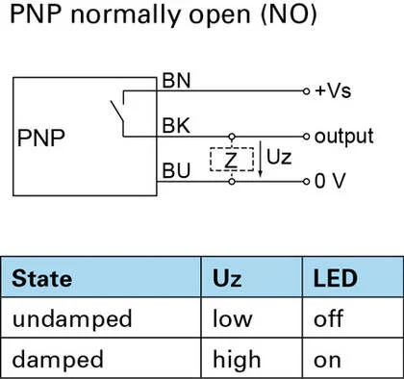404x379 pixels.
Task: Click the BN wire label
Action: click(176, 81)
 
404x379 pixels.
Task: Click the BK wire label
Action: click(176, 125)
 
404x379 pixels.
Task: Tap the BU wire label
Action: click(176, 170)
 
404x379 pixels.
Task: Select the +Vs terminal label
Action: click(333, 90)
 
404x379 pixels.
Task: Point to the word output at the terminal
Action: click(344, 137)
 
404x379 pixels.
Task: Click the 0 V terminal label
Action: click(330, 181)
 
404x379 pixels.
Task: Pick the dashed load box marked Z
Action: click(232, 160)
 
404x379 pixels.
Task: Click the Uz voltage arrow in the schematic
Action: click(261, 159)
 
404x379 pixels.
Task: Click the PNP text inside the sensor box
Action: click(41, 138)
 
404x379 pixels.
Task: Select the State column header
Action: click(41, 278)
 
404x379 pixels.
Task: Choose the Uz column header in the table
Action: click(227, 278)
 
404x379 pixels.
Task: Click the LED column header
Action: click(335, 278)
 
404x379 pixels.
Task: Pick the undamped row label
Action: click(72, 319)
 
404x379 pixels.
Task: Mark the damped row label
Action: click(58, 360)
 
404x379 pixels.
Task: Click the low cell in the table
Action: click(233, 318)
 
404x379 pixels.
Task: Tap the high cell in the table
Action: click(237, 360)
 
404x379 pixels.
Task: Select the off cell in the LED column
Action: click(329, 318)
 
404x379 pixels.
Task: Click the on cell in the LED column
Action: click(327, 362)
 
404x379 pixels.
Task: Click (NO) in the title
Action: click(289, 15)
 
